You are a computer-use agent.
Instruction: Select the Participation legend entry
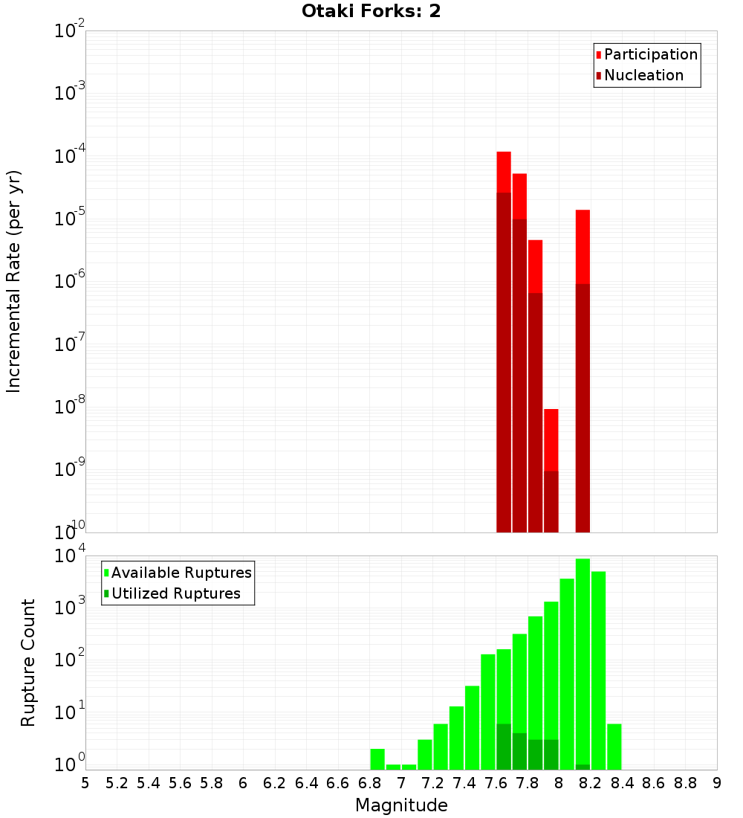coord(650,54)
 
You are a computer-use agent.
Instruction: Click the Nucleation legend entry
coord(643,75)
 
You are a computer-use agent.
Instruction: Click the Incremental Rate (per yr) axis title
coord(14,281)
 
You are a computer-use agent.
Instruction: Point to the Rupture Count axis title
coord(28,662)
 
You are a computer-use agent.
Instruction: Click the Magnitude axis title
coord(401,805)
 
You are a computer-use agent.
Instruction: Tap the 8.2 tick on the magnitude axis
coord(591,782)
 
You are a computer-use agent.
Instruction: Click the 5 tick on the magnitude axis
coord(85,782)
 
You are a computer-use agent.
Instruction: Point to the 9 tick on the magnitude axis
coord(716,782)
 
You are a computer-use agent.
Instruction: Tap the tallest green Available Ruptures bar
coord(583,662)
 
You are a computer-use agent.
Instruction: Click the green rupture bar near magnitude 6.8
coord(377,759)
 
